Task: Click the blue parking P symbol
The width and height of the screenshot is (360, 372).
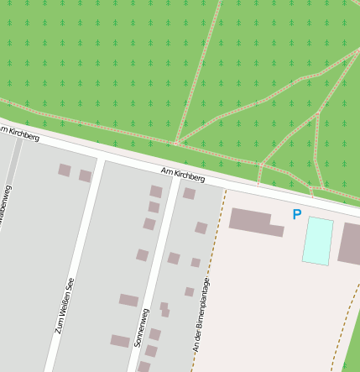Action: pos(296,215)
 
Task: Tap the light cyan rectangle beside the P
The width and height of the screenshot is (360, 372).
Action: pos(318,241)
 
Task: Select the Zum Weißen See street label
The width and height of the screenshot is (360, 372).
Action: pos(65,306)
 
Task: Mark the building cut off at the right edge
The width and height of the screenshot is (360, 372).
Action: pos(350,244)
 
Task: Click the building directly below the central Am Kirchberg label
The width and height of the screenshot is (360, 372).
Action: pos(189,194)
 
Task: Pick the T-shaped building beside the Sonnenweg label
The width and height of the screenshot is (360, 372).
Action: pos(164,310)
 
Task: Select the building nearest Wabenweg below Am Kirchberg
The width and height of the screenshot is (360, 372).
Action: pos(65,170)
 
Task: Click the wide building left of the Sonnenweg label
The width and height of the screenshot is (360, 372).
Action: pos(128,300)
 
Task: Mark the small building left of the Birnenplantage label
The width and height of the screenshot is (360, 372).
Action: pos(189,292)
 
